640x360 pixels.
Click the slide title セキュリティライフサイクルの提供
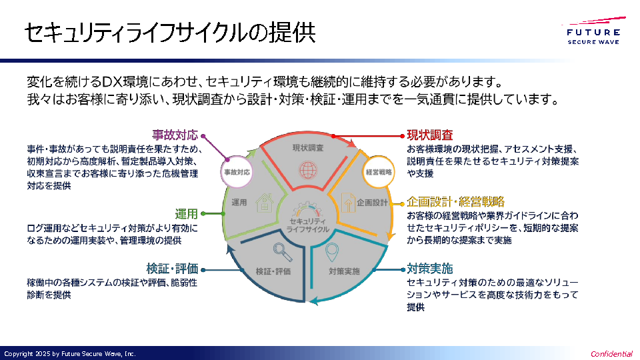click(169, 34)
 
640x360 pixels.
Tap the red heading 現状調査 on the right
click(430, 135)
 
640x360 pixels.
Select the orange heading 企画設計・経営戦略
click(456, 201)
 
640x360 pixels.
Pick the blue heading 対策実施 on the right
click(430, 269)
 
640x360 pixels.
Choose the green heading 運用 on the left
click(187, 214)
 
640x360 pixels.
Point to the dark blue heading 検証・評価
click(173, 269)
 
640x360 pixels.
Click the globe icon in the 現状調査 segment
click(307, 169)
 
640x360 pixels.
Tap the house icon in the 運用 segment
click(263, 202)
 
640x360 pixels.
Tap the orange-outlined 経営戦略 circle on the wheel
click(379, 171)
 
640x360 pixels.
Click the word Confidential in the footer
click(611, 354)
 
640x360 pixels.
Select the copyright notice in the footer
click(69, 354)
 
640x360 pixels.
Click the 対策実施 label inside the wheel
click(344, 271)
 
